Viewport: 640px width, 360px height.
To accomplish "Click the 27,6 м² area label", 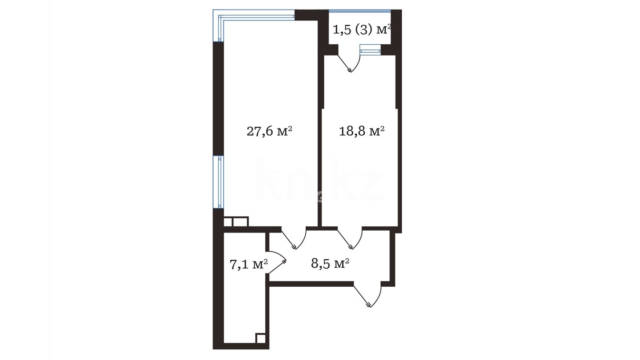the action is [270, 132].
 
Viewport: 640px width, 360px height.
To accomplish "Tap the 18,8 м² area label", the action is [361, 131].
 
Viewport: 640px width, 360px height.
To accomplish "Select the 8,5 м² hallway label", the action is [330, 263].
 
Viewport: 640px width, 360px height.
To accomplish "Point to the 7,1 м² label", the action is [249, 264].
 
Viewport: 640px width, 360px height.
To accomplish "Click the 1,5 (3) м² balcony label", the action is [362, 29].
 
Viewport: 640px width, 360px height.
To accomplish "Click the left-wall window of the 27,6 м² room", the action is [218, 182].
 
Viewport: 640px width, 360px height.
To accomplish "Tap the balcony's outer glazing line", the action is [360, 11].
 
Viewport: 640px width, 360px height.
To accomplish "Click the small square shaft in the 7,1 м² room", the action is [260, 338].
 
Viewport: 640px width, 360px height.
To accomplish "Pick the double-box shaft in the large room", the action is [236, 222].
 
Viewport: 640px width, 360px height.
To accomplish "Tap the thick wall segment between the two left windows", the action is [218, 99].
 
